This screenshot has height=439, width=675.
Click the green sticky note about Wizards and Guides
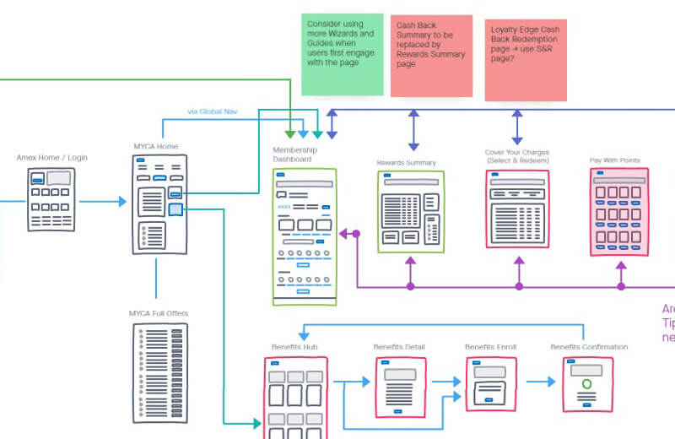click(342, 54)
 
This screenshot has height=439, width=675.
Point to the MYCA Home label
click(155, 146)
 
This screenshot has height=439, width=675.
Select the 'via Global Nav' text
click(212, 111)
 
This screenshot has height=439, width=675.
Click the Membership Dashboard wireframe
click(305, 236)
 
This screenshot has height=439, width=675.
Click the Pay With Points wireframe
click(618, 211)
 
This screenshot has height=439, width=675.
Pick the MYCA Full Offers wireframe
click(155, 372)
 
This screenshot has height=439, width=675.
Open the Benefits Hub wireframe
click(294, 397)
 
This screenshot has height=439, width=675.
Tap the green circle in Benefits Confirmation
click(587, 384)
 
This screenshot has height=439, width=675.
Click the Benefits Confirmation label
click(589, 347)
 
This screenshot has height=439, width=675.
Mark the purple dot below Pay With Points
click(622, 287)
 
